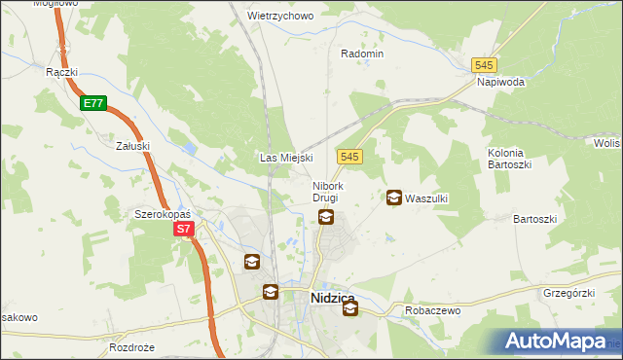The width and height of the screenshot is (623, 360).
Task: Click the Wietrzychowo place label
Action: [279, 17]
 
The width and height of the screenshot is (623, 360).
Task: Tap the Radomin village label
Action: [361, 54]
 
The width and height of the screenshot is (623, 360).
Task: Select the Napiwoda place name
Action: [500, 83]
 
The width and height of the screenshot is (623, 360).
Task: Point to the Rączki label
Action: [61, 72]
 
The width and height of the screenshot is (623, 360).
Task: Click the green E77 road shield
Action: [93, 102]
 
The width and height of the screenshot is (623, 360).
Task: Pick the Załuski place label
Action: [132, 146]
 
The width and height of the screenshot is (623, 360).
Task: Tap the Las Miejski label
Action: [285, 157]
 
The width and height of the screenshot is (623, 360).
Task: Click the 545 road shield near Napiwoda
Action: [485, 64]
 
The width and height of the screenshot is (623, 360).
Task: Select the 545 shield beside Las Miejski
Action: [351, 156]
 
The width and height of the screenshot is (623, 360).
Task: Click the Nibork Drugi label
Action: [326, 192]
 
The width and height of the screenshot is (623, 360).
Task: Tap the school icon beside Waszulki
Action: [393, 198]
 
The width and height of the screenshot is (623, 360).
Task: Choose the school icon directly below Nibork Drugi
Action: [326, 217]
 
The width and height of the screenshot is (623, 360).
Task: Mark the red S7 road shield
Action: [185, 230]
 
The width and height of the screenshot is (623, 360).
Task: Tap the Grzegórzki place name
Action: [568, 292]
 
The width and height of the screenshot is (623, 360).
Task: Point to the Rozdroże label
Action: [133, 347]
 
